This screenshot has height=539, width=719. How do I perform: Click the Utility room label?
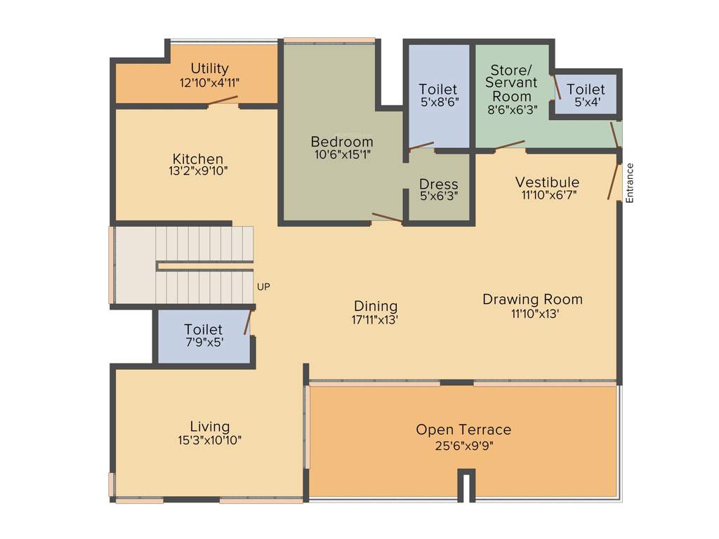click(x=209, y=68)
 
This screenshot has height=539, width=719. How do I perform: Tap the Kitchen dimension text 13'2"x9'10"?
click(x=198, y=171)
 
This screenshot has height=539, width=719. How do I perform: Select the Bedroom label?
click(x=342, y=142)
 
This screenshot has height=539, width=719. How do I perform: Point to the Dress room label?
click(x=438, y=184)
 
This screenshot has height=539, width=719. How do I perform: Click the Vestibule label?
click(x=547, y=182)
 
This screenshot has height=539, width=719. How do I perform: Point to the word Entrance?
click(x=630, y=183)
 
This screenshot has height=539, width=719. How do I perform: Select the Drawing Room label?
click(x=532, y=300)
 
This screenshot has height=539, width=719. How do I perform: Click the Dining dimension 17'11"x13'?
click(x=376, y=319)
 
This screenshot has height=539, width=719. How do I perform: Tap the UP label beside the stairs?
click(x=263, y=286)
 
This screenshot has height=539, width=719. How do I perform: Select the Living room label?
click(x=209, y=426)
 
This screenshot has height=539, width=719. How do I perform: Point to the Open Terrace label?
click(x=463, y=430)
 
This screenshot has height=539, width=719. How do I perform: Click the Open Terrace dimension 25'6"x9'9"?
click(x=463, y=445)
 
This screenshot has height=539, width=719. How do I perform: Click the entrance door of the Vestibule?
click(x=614, y=181)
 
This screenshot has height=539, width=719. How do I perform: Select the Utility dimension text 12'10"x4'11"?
click(x=209, y=82)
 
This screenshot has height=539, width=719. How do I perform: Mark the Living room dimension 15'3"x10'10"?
click(x=209, y=440)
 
